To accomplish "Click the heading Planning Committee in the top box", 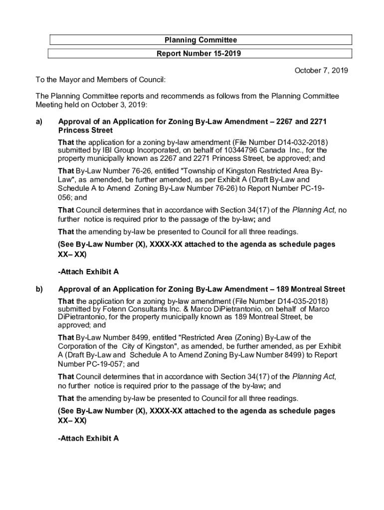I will click(200, 40).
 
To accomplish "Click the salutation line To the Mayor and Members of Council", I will click(100, 80).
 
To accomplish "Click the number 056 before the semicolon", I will click(65, 198).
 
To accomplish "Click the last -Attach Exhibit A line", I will click(88, 439).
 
